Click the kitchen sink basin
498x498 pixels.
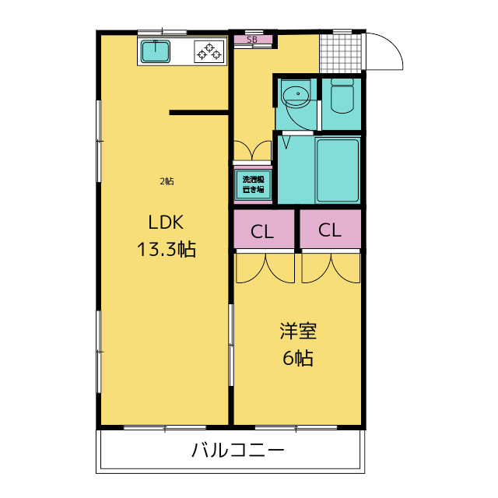[156, 51]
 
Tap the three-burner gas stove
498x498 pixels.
[209, 51]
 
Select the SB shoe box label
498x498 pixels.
[252, 40]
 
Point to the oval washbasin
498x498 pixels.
[296, 96]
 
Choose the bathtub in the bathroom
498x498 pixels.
[338, 170]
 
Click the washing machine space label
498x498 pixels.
[253, 184]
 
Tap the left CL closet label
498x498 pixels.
[262, 232]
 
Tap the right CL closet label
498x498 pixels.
[330, 230]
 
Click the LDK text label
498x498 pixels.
[166, 223]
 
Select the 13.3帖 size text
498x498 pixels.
[166, 249]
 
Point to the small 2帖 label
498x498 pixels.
[167, 181]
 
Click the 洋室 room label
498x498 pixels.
[298, 331]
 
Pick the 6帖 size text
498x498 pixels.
[298, 358]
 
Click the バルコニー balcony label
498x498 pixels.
[237, 450]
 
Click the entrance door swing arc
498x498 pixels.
[392, 44]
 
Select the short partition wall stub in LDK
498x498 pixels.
[199, 112]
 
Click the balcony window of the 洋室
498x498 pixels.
[296, 428]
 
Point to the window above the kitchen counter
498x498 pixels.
[162, 32]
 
